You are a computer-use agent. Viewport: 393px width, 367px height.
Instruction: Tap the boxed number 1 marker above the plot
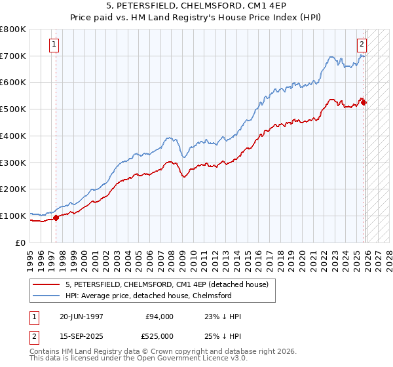click(54, 45)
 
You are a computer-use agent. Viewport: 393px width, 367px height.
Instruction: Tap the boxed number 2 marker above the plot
click(361, 45)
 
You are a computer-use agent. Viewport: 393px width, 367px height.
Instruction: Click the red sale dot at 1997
click(56, 218)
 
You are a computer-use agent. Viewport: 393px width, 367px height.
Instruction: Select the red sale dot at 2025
click(364, 102)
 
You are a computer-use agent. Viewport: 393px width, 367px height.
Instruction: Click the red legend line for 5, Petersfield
click(45, 285)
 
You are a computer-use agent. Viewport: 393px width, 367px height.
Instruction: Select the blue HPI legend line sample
click(45, 296)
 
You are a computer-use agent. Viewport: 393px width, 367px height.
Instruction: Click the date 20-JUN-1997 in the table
click(82, 317)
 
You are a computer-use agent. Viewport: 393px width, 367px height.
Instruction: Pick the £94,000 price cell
click(159, 317)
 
